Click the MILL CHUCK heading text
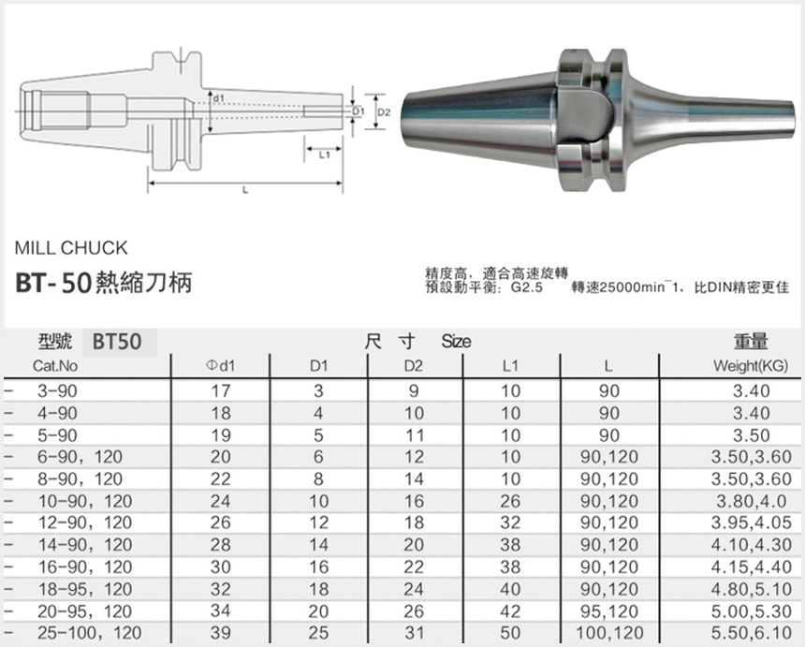pyautogui.click(x=71, y=248)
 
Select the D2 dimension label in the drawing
pyautogui.click(x=384, y=112)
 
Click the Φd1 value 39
pyautogui.click(x=221, y=634)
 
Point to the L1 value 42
pyautogui.click(x=510, y=612)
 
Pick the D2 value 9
pyautogui.click(x=414, y=390)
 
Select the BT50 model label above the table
pyautogui.click(x=117, y=342)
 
